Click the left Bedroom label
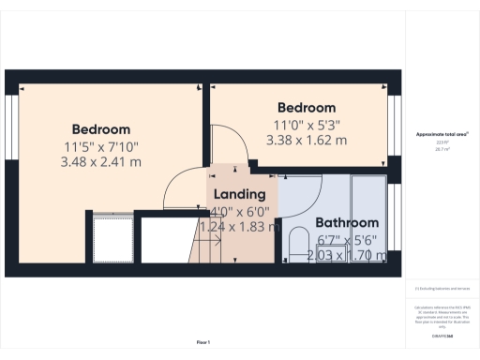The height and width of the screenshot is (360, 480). [101, 128]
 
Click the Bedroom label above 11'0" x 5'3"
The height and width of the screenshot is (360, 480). [304, 108]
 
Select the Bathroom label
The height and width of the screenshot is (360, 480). [346, 223]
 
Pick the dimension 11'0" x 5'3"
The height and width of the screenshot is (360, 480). [306, 124]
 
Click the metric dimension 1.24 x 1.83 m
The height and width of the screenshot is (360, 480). [240, 227]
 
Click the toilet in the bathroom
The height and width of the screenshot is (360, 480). [300, 244]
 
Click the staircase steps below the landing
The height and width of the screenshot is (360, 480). [206, 248]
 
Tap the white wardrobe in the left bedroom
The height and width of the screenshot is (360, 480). [113, 238]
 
